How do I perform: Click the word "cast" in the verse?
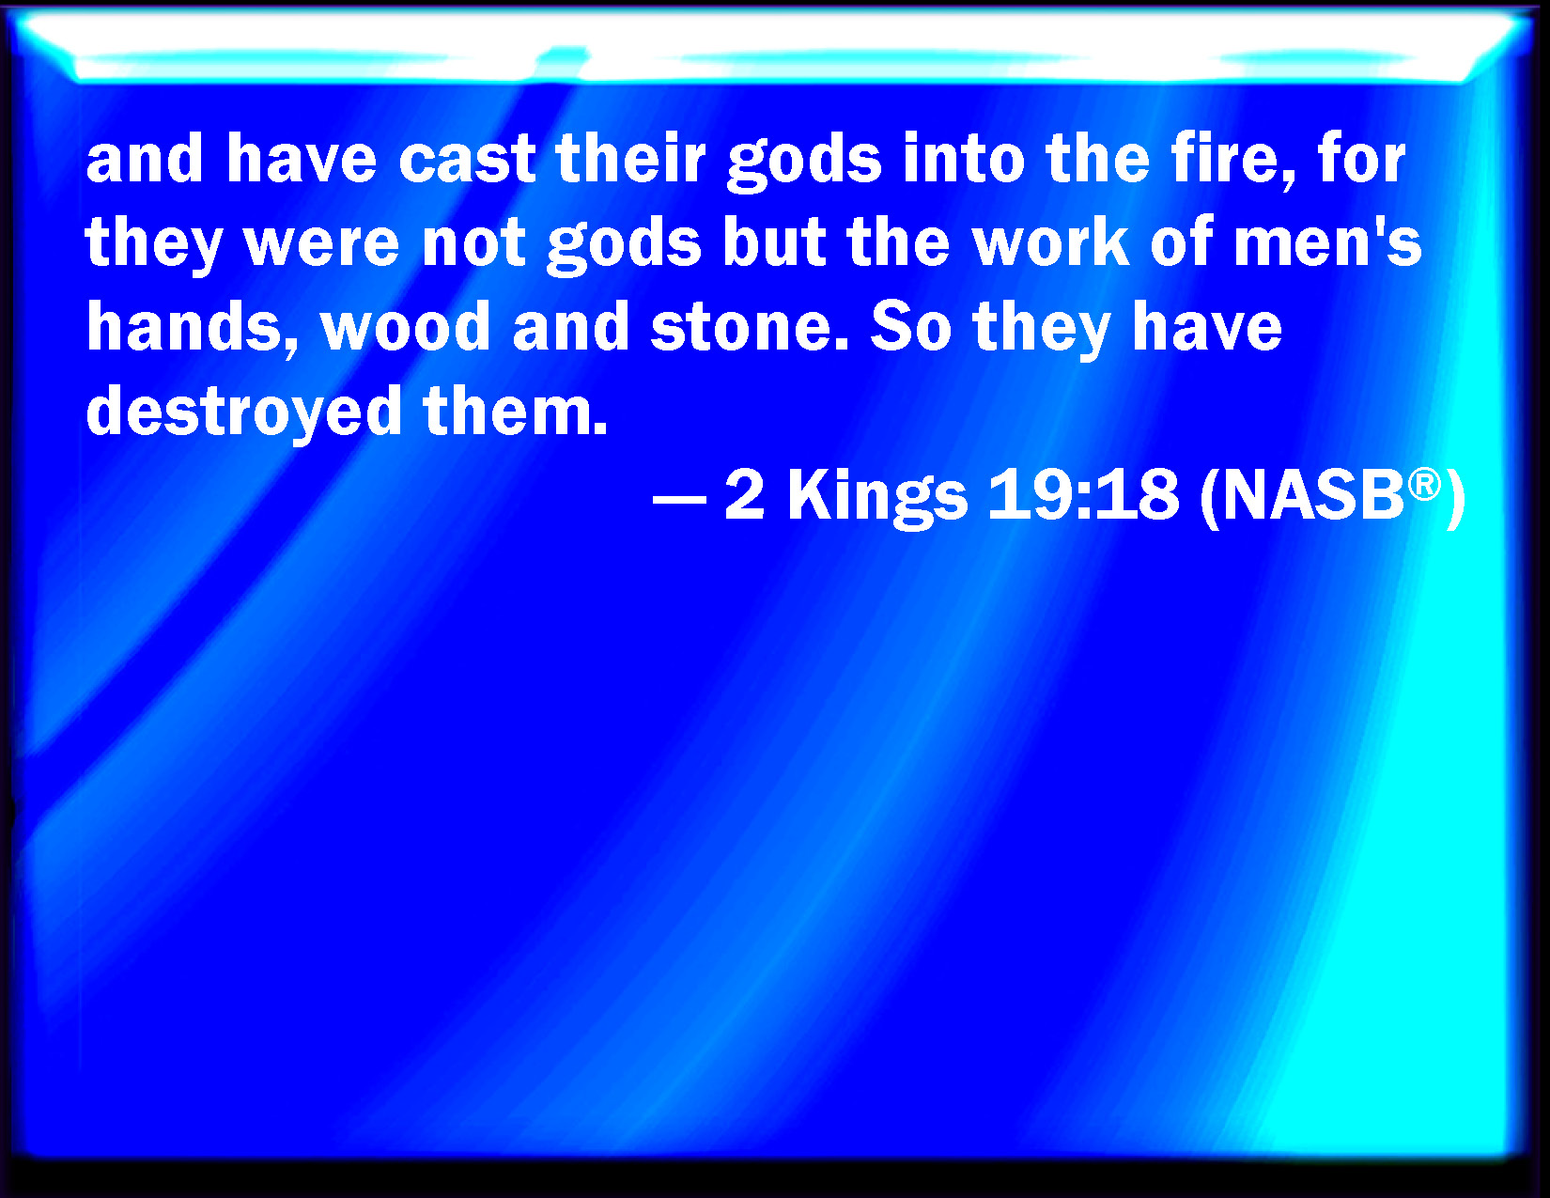tap(467, 158)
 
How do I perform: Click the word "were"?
tap(321, 242)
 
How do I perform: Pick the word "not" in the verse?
tap(473, 241)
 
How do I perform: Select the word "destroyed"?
tap(244, 410)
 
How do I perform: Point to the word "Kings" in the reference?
tap(877, 496)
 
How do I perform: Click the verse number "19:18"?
tap(1083, 493)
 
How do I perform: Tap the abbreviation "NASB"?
tap(1313, 493)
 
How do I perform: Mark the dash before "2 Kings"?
tap(679, 498)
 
